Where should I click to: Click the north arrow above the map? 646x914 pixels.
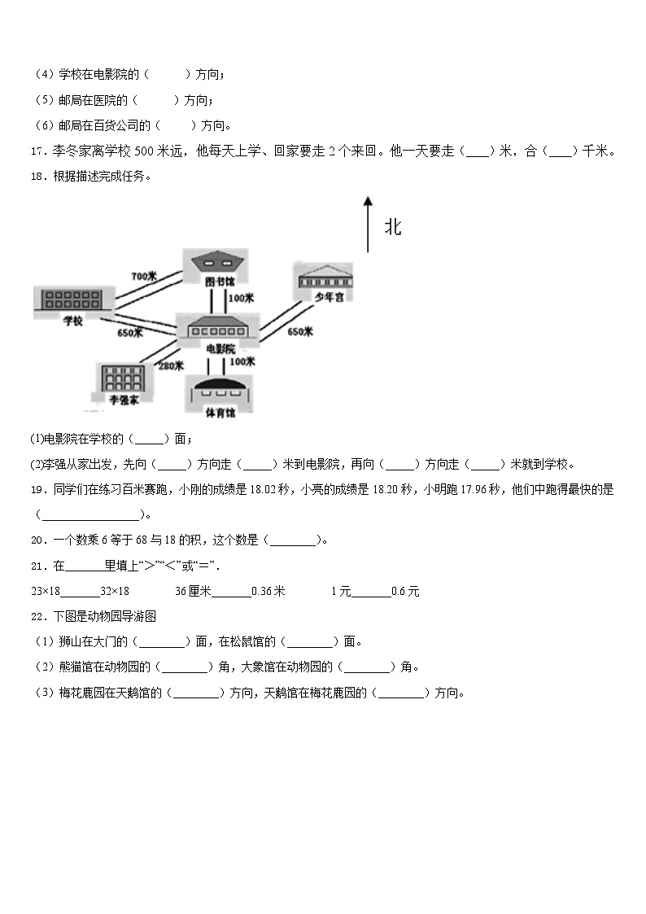[368, 224]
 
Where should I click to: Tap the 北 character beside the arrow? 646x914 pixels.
[393, 227]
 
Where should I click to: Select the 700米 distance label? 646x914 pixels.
[144, 277]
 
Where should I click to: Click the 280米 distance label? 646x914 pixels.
[171, 365]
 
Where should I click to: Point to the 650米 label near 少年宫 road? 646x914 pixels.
[300, 331]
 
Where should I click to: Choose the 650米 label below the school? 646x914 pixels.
[129, 332]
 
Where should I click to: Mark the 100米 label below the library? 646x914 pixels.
[242, 298]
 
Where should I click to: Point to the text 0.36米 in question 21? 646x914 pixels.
[268, 592]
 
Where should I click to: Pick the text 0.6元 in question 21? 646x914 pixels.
[405, 592]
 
